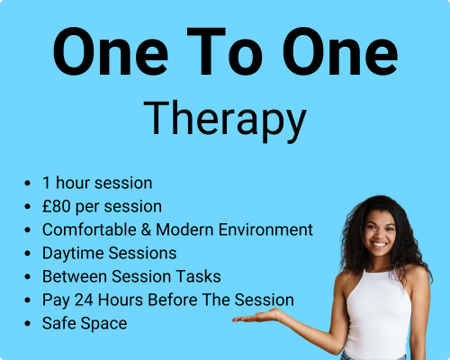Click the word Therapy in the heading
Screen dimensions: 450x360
(x=225, y=121)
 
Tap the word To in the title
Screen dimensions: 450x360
(x=225, y=51)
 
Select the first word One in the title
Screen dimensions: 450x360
(x=111, y=51)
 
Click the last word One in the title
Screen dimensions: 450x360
(x=340, y=51)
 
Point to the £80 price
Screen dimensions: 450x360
(x=57, y=206)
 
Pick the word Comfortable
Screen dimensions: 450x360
(x=89, y=229)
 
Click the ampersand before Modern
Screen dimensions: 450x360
(x=146, y=229)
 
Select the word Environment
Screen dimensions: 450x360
(x=265, y=229)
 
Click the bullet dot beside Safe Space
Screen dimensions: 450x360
(x=28, y=324)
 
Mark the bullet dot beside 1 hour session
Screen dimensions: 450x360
(x=28, y=183)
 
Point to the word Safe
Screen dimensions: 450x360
(x=59, y=323)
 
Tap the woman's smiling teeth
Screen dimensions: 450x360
(x=379, y=245)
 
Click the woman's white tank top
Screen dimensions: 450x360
(x=379, y=312)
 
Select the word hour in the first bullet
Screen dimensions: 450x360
(x=72, y=183)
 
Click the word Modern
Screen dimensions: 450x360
(x=185, y=229)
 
